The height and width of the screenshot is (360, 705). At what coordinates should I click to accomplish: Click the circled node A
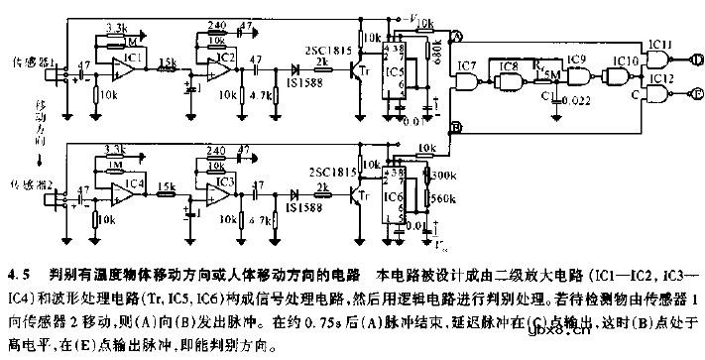point(454,35)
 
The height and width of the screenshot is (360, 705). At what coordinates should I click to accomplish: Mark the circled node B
point(454,127)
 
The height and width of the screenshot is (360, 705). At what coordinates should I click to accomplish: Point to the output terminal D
point(698,60)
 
